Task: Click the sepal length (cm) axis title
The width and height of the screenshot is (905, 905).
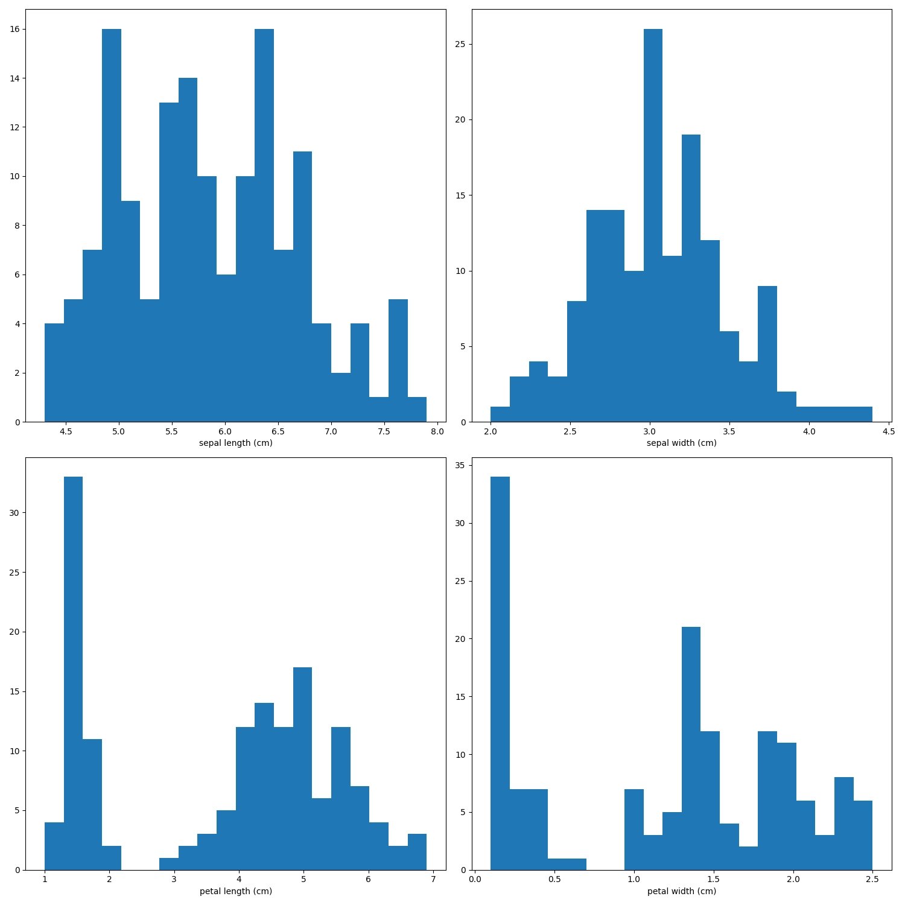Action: pos(235,443)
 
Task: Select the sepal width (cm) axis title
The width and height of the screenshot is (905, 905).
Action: pos(681,443)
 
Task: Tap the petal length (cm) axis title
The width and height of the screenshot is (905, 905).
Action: pos(235,891)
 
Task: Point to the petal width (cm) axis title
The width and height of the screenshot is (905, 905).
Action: pos(681,891)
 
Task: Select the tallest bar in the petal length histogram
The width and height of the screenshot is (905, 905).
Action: pos(73,673)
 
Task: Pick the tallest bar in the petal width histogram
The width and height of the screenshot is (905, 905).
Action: pos(500,673)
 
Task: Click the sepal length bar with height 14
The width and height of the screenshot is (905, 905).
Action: pos(188,250)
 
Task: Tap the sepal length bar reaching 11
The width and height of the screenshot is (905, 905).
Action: pos(302,287)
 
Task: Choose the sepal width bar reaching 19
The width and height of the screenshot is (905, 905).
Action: pos(691,278)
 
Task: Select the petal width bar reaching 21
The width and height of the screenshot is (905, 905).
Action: pos(691,748)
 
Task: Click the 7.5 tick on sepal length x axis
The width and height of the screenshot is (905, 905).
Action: pos(384,431)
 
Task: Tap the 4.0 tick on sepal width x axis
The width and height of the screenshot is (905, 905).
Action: pos(809,431)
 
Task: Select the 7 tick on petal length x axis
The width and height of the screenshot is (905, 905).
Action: pos(433,878)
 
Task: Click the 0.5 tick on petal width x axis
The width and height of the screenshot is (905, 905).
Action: pos(554,878)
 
